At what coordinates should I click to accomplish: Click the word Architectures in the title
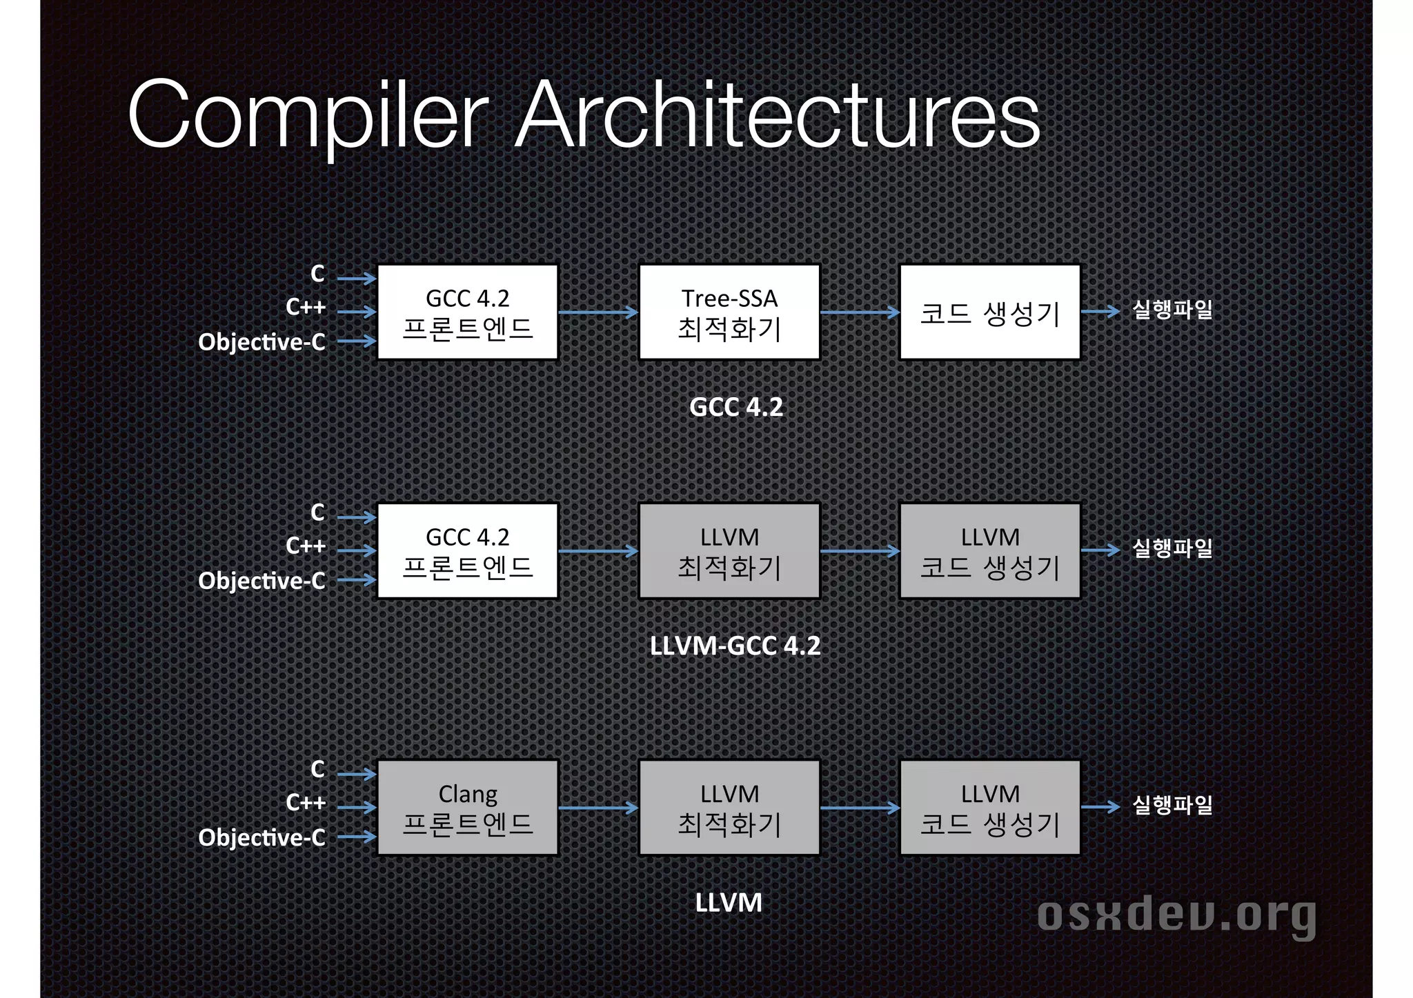click(778, 114)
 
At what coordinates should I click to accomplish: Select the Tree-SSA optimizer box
click(729, 312)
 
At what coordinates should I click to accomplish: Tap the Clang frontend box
click(468, 808)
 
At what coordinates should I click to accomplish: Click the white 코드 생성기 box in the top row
click(990, 312)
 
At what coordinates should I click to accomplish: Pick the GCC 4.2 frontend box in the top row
click(468, 312)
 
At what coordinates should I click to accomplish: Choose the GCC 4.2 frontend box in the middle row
click(468, 551)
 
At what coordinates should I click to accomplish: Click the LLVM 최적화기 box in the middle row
click(729, 551)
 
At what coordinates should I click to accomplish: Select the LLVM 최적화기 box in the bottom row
click(729, 808)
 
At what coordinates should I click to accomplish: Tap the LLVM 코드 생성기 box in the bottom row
click(990, 808)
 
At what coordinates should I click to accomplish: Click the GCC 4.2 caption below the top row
click(736, 407)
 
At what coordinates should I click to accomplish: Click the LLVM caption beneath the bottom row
click(729, 903)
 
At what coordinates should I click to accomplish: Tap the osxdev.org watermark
click(1176, 915)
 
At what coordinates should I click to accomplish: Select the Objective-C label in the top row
click(261, 342)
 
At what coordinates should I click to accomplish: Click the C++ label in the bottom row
click(306, 803)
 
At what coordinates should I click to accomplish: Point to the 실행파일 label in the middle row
click(1172, 549)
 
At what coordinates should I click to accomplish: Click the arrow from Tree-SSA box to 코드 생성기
click(860, 312)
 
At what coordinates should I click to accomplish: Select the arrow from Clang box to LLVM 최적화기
click(598, 808)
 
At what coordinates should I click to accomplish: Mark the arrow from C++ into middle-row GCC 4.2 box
click(357, 550)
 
